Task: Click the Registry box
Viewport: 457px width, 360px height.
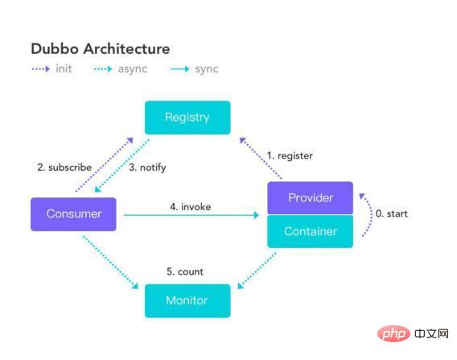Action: coord(187,118)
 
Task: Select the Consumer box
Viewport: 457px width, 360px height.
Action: coord(73,214)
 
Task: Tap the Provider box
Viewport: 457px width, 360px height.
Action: coord(310,198)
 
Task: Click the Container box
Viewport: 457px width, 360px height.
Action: coord(310,231)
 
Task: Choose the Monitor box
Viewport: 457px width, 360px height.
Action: coord(187,300)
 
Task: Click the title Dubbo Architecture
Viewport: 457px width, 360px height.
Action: coord(101,49)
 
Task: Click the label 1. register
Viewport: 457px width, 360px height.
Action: coord(289,155)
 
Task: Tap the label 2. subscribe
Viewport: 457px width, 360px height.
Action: coord(65,168)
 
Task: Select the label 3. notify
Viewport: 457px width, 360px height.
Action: coord(147,168)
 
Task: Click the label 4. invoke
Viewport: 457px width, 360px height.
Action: coord(190,207)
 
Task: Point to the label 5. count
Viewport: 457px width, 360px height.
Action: coord(185,271)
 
